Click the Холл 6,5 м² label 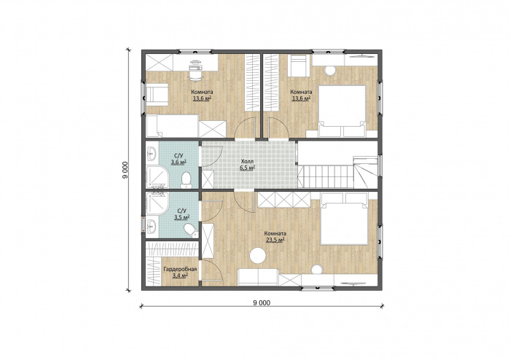coord(248,165)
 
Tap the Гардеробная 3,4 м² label coord(180,273)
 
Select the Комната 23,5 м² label coord(275,236)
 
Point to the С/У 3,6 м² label coord(178,159)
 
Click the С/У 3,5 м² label coord(182,214)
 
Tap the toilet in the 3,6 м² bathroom coord(186,180)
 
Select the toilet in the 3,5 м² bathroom coord(191,230)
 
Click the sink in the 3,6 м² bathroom coord(152,153)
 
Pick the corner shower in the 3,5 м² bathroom coord(157,203)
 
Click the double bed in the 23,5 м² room coord(345,219)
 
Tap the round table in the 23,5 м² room coord(258,256)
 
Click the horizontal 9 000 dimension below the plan coord(262,305)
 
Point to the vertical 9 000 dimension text coord(125,170)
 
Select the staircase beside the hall coord(337,172)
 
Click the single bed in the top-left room coord(172,125)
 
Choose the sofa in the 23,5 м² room coord(258,278)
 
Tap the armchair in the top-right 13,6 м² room coord(299,66)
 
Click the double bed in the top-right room coord(342,111)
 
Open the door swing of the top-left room coord(244,128)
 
